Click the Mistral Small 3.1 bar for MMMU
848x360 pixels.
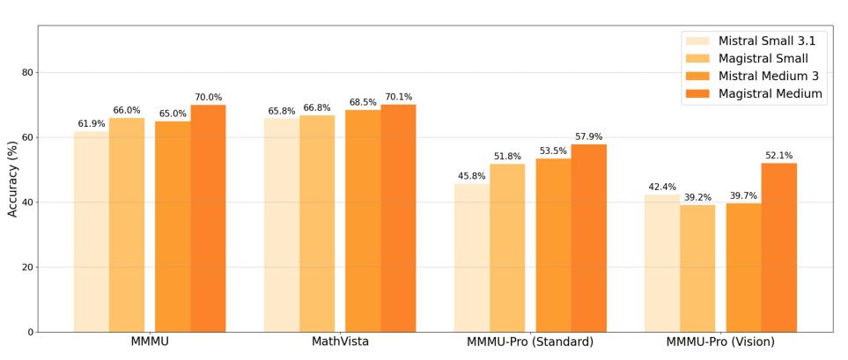[92, 231]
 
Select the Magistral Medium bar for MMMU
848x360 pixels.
[208, 218]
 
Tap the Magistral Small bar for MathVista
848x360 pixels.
[317, 224]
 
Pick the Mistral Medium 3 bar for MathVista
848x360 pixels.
[363, 221]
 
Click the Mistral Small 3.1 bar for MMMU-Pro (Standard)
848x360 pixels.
[472, 258]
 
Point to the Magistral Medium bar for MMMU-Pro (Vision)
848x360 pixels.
[778, 247]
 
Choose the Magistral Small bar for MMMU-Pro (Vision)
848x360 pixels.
[697, 268]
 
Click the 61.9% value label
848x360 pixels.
[92, 124]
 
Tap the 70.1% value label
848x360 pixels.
[398, 97]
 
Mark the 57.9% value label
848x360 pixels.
[588, 136]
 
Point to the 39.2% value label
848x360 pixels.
[697, 197]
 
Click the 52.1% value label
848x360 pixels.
[778, 156]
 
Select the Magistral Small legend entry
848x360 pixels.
[763, 58]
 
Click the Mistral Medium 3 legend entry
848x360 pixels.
[768, 76]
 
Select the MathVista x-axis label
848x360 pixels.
[340, 342]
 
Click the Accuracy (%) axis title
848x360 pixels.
[13, 179]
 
